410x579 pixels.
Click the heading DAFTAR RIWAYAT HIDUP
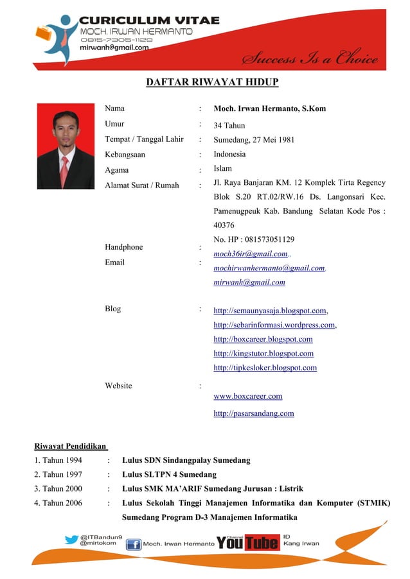click(x=211, y=82)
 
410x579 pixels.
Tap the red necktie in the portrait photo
click(x=64, y=170)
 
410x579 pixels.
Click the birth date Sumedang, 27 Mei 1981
click(x=254, y=139)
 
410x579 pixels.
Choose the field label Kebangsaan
click(x=125, y=155)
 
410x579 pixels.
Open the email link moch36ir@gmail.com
click(x=250, y=254)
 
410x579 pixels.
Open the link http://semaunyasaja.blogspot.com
click(x=269, y=311)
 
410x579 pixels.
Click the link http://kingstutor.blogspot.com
click(x=263, y=354)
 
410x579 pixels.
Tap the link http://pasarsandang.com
click(x=253, y=414)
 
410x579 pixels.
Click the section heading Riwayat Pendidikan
click(x=70, y=446)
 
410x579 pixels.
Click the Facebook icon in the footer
click(x=133, y=545)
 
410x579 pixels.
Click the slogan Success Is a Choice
click(x=309, y=59)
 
